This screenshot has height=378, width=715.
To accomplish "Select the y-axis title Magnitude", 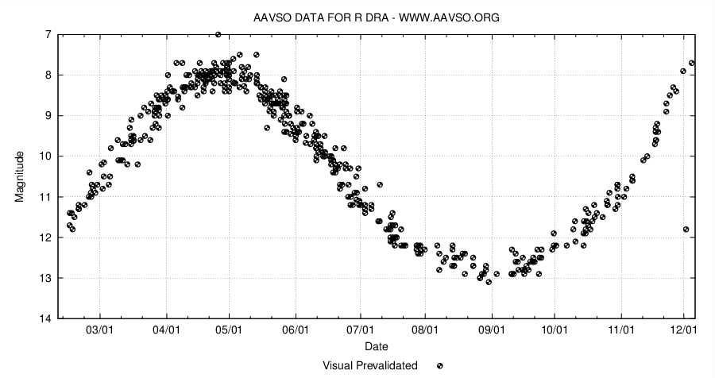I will pos(21,176).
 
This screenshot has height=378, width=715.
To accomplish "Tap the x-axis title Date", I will pos(376,347).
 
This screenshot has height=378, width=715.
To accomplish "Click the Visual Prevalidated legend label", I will pos(370,365).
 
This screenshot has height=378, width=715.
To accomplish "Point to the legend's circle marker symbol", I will pos(439,365).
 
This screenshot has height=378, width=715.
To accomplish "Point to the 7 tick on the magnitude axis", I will pos(49,35).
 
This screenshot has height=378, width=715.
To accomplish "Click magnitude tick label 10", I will pos(46,156).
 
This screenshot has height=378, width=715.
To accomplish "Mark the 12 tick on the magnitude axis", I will pos(46,237).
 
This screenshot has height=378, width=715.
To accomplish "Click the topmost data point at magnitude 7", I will pos(218,34).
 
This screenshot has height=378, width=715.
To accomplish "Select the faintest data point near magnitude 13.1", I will pos(489,282).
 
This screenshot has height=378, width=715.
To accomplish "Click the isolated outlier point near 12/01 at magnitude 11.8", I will pos(686,229).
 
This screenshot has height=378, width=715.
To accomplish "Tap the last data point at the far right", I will pos(692,63).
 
